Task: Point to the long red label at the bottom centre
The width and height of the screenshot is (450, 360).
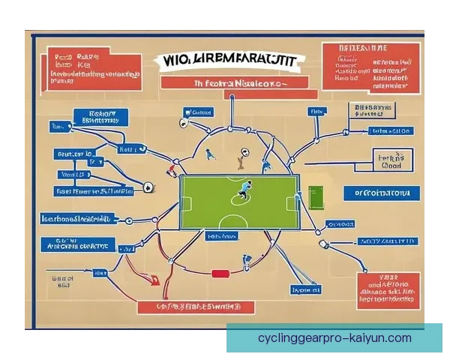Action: (196, 307)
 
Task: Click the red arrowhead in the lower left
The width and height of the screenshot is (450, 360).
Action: (155, 282)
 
